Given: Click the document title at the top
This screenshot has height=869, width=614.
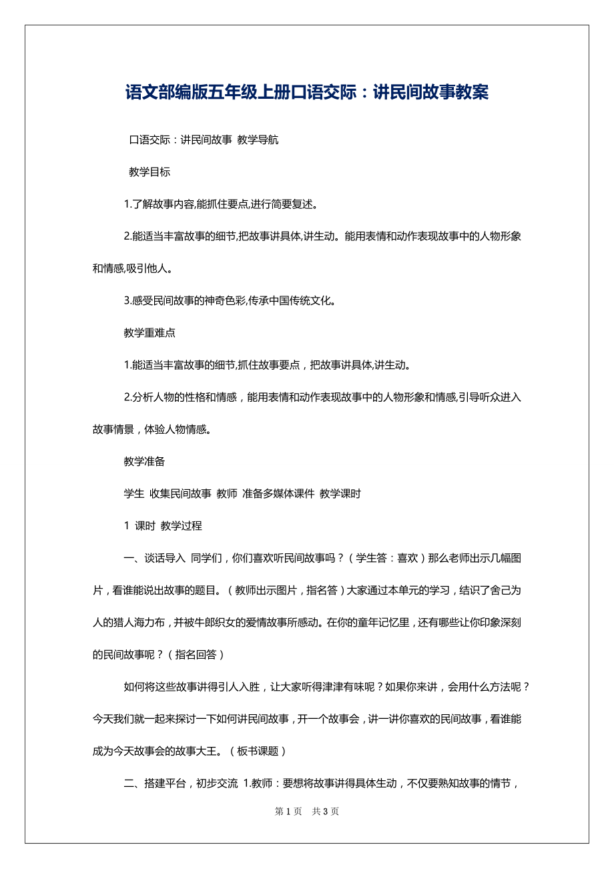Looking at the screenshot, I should pos(307,93).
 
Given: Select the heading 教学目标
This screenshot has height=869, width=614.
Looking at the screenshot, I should pos(149,172).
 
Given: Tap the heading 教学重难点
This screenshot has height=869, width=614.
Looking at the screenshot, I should pos(149,333).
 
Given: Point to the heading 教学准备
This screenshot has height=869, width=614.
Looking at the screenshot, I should pos(144,462).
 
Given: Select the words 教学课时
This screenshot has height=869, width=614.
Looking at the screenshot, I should pos(340,494).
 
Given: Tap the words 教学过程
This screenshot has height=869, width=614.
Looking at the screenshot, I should pos(182,526).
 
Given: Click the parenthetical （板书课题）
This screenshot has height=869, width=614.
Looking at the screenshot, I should pos(259,751).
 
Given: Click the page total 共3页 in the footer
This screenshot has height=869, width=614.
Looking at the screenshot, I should pos(326,812).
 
